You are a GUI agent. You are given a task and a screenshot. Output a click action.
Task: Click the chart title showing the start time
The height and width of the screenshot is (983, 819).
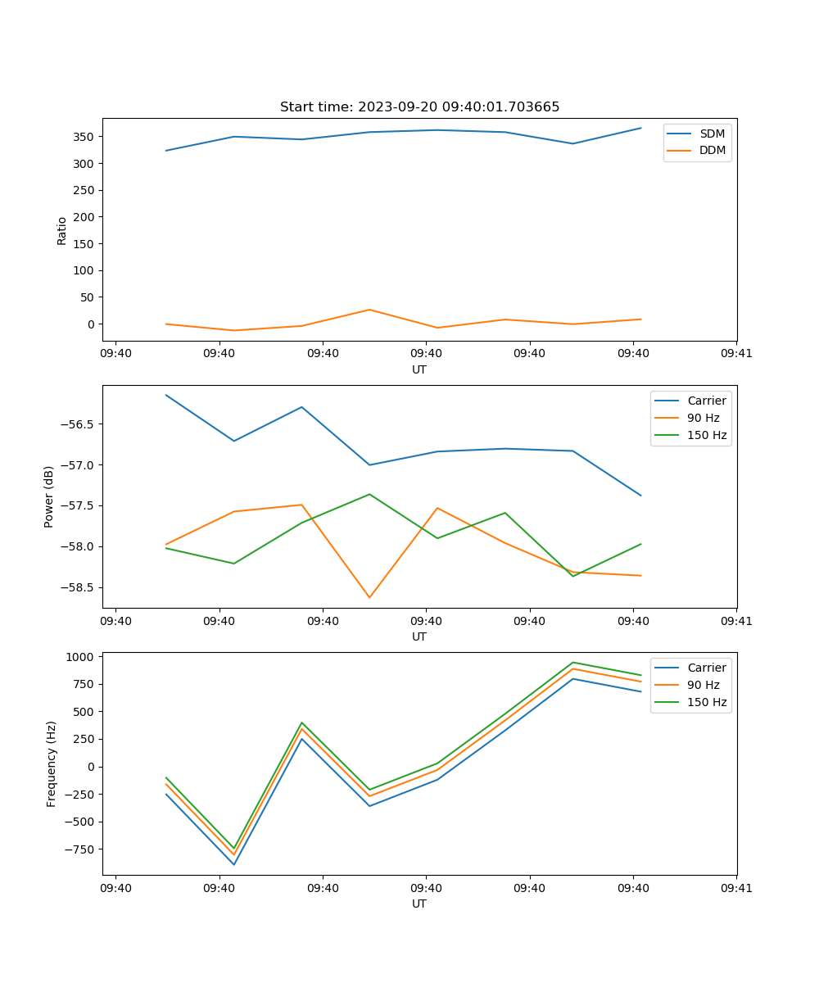[419, 107]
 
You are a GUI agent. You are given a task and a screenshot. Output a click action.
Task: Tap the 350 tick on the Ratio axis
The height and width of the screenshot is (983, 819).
[85, 137]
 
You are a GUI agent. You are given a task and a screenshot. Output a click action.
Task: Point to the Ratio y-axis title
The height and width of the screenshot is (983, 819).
[62, 231]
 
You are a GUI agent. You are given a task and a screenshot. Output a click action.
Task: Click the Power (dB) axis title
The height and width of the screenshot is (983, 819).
[49, 496]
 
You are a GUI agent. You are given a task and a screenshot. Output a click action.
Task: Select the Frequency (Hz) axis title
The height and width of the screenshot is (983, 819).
[52, 763]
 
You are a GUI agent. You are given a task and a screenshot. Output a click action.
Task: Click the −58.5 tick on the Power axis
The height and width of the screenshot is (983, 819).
[78, 587]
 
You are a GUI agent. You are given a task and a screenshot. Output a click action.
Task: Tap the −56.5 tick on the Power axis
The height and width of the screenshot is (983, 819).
[78, 424]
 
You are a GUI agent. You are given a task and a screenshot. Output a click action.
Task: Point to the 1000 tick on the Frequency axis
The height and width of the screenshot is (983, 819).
[82, 657]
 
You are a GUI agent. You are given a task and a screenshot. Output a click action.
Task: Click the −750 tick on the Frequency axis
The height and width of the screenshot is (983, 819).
[80, 849]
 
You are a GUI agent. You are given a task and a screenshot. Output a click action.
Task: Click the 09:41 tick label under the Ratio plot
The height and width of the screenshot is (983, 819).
[736, 354]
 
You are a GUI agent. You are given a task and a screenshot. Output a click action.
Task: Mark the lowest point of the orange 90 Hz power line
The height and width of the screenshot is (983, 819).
[369, 597]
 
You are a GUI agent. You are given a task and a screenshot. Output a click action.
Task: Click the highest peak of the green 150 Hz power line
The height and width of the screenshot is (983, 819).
[369, 494]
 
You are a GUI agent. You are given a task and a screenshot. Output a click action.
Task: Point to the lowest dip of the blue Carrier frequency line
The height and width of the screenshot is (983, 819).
[234, 864]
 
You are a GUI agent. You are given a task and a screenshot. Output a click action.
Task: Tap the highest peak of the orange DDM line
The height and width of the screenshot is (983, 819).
[369, 310]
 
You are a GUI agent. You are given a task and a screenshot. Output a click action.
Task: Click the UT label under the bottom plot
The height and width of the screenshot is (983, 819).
[419, 904]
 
